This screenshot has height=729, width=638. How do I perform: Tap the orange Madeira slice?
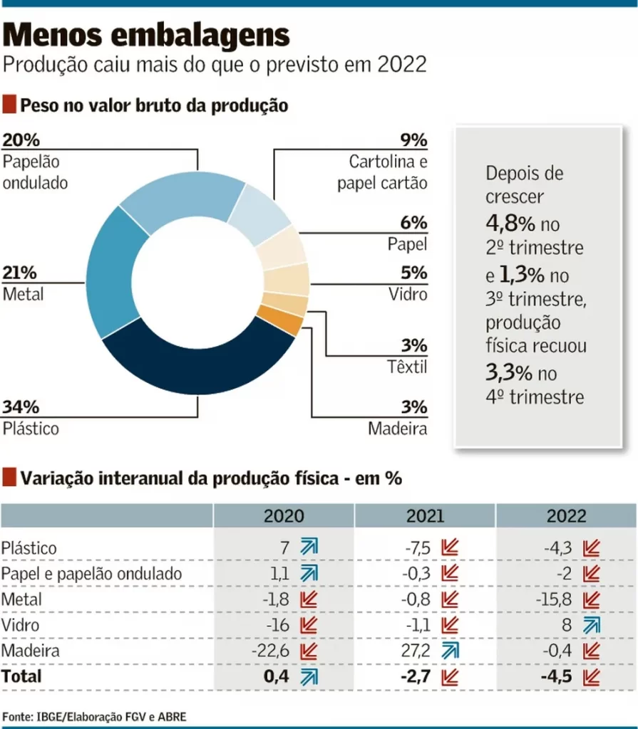(x=282, y=323)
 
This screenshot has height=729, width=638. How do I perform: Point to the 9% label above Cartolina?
(x=413, y=140)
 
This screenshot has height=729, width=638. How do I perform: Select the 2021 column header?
(x=425, y=516)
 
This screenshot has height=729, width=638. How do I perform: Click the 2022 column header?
(x=566, y=516)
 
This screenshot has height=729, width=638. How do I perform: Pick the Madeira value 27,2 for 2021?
(x=416, y=651)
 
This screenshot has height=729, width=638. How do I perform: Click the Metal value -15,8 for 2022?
(x=556, y=599)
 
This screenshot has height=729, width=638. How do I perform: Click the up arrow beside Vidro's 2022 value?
(x=591, y=625)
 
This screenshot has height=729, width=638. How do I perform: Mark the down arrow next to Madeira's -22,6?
(x=308, y=651)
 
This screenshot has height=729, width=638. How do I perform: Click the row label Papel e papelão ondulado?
(x=91, y=574)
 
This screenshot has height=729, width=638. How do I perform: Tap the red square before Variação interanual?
(x=9, y=478)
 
